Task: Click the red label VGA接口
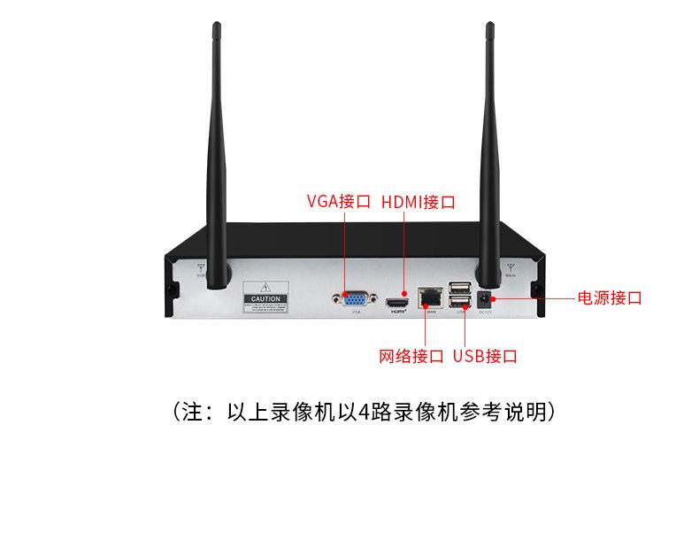[338, 201]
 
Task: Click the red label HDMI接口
[418, 201]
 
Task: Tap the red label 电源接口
[610, 297]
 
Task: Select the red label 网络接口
[411, 357]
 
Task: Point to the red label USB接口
[485, 357]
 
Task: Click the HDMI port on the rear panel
[397, 303]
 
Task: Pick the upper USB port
[460, 288]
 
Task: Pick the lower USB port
[460, 301]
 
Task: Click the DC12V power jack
[485, 298]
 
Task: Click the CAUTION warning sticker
[265, 298]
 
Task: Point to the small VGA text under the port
[356, 313]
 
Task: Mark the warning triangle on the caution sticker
[265, 289]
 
